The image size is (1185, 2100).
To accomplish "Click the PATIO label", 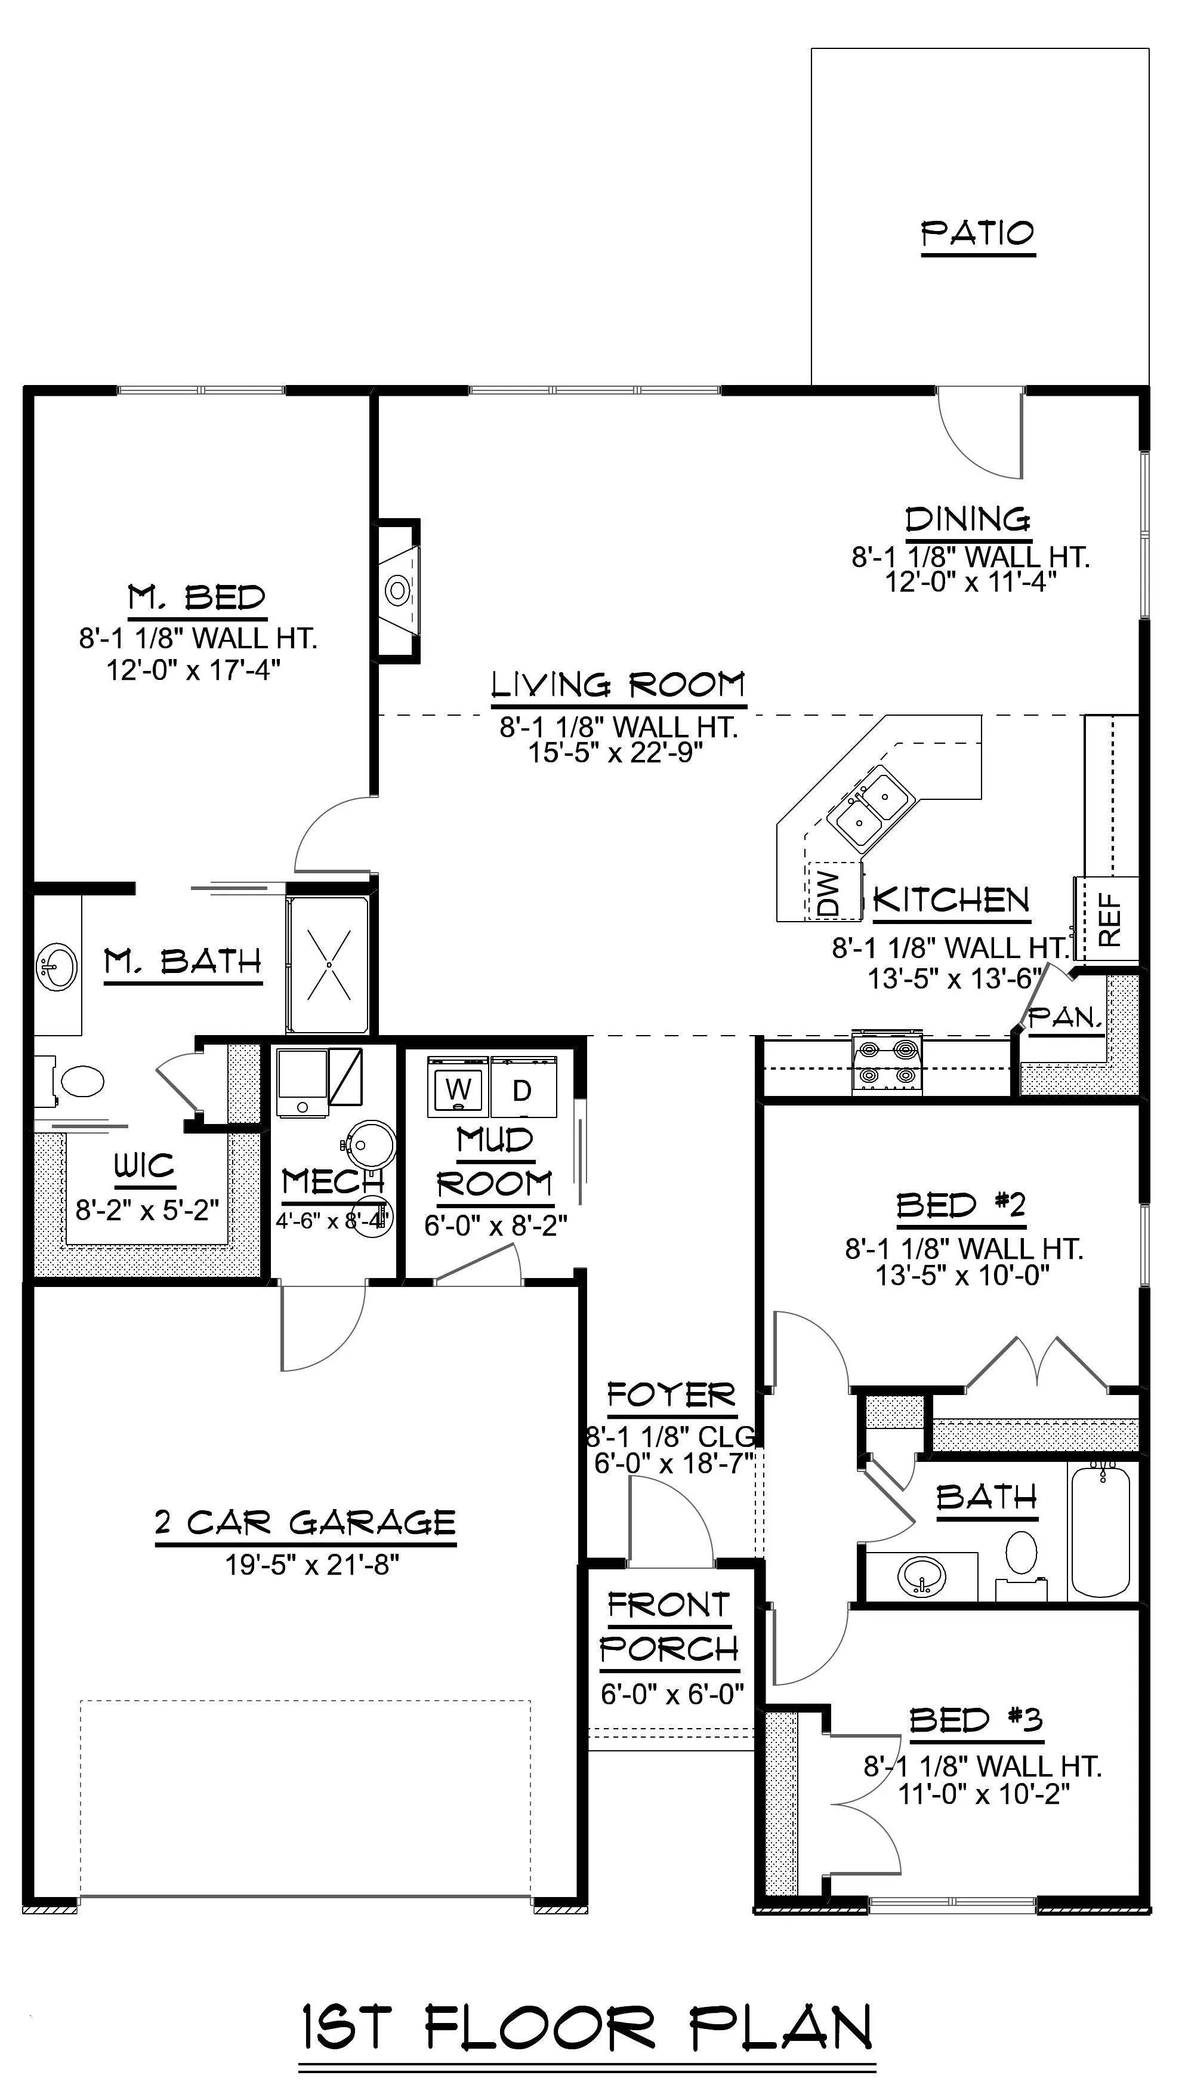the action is click(x=978, y=234).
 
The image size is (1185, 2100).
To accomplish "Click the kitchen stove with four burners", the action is click(x=887, y=1061).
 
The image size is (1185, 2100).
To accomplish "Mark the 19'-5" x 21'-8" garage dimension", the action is click(x=312, y=1565).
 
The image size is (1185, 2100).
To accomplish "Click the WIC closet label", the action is click(x=144, y=1166).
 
